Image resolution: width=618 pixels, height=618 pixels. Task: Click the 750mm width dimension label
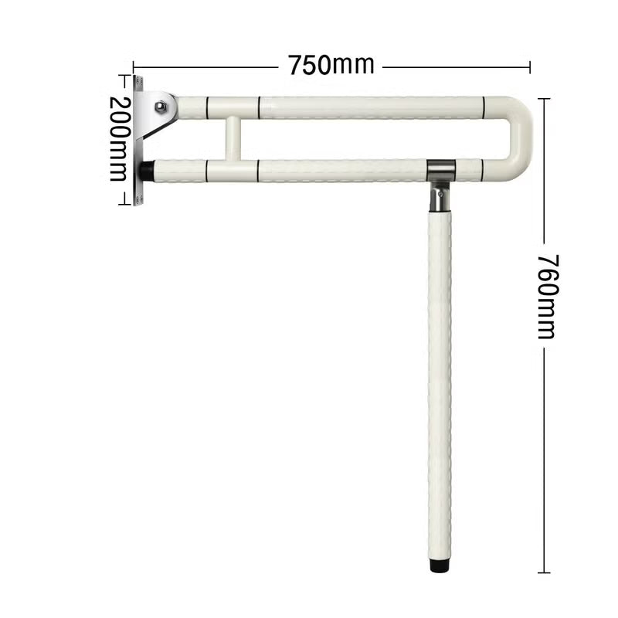[x=331, y=65]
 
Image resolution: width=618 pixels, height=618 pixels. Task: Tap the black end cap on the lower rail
[x=145, y=169]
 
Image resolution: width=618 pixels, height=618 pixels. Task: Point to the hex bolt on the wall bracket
[x=161, y=107]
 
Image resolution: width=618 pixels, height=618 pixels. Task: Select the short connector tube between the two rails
[x=233, y=139]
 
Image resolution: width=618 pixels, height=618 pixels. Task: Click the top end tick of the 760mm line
[x=544, y=99]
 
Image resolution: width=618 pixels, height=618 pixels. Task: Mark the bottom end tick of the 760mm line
[x=544, y=572]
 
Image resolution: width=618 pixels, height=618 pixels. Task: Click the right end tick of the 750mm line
[x=530, y=67]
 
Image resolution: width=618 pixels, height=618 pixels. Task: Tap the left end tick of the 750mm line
[x=134, y=67]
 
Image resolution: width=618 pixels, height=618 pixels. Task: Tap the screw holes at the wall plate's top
[x=139, y=82]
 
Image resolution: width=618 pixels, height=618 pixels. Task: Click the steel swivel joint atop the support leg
[x=439, y=194]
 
